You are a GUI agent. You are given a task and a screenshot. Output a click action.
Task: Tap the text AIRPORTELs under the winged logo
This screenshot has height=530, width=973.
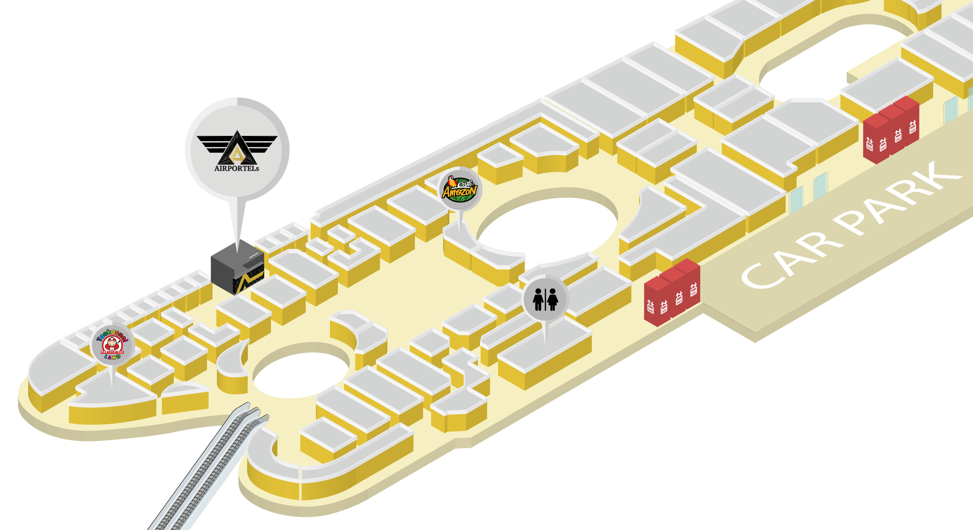click(236, 169)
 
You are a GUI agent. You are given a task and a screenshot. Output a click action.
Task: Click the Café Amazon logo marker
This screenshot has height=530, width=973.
click(460, 189)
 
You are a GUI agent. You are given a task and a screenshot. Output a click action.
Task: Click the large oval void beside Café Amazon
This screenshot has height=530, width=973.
click(548, 230)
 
